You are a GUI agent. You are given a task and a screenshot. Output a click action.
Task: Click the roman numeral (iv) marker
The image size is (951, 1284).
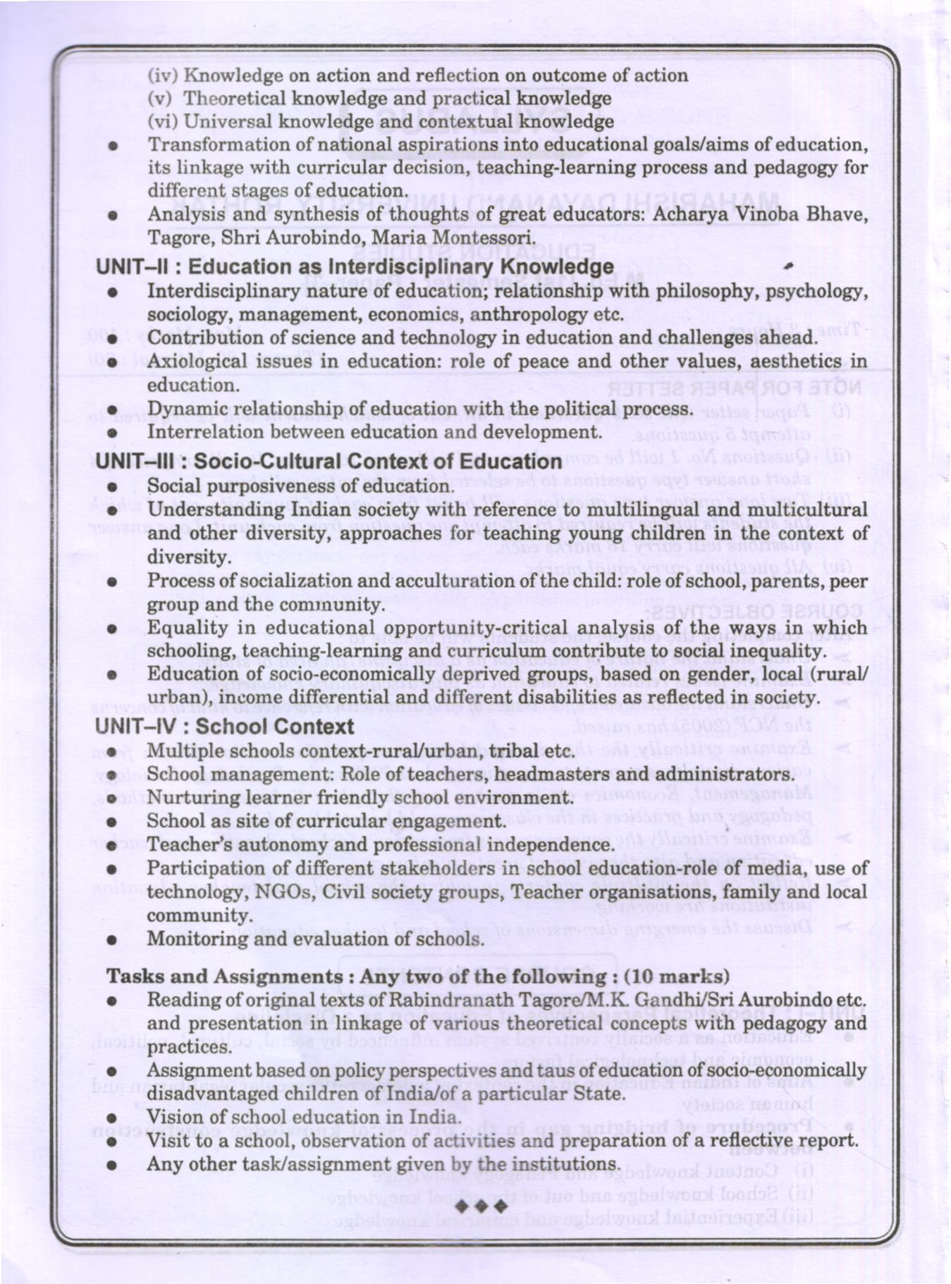pos(161,75)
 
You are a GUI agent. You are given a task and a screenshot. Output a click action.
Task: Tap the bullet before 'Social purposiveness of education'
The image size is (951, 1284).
pos(111,487)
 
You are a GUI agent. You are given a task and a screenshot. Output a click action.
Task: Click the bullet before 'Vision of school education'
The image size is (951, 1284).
pos(111,1118)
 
